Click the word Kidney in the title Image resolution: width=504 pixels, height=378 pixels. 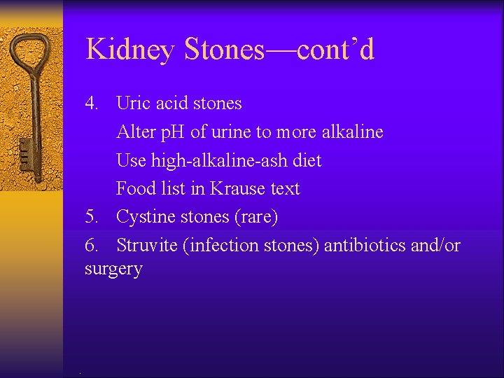131,50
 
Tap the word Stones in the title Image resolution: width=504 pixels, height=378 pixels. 225,50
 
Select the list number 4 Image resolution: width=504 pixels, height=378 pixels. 92,104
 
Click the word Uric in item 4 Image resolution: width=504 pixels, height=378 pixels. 132,104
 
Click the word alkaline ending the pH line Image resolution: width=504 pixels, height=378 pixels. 352,132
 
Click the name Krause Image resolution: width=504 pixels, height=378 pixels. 240,188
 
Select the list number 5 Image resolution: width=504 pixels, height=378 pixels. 92,217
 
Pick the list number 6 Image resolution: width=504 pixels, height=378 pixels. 92,246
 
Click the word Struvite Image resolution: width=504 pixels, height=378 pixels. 146,246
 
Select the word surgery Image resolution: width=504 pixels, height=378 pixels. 113,269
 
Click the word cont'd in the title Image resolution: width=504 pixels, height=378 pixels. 335,50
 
